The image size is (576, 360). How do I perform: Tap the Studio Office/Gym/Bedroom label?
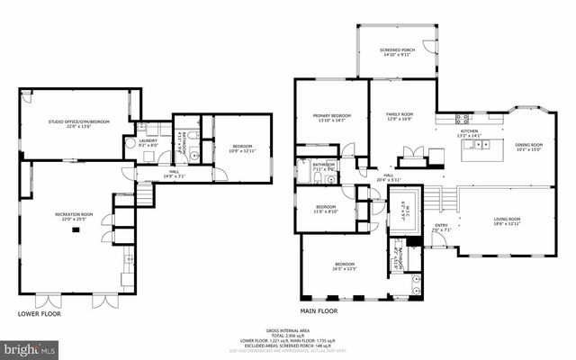79,123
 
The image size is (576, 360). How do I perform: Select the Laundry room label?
148,142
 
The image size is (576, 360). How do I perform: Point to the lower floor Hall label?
174,173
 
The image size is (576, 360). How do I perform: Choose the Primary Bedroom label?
332,118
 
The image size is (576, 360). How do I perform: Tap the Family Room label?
400,117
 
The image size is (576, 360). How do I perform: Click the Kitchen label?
471,133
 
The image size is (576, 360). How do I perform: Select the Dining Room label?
528,147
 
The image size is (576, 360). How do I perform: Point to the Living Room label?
508,221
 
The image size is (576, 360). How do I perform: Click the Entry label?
441,228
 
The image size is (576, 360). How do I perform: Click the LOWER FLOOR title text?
40,314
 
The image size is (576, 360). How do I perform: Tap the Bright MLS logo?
30,346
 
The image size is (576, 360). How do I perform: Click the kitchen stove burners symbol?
463,118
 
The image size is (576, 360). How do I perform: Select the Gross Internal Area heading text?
288,331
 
